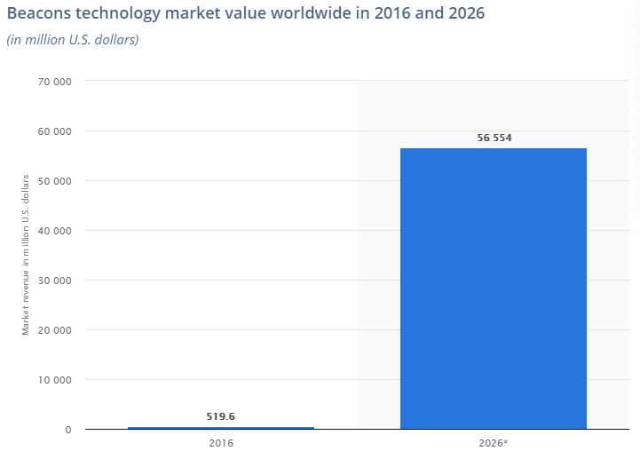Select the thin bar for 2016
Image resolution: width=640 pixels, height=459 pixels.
[221, 428]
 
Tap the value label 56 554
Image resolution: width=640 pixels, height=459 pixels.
[494, 138]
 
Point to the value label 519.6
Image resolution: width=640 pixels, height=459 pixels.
[221, 415]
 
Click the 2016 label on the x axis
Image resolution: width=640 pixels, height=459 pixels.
[221, 441]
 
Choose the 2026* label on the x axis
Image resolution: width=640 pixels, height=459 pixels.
[494, 441]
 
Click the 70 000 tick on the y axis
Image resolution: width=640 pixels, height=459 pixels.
[53, 82]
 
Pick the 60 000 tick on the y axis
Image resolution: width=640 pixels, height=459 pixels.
[53, 131]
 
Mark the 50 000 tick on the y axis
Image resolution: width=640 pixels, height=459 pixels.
[53, 181]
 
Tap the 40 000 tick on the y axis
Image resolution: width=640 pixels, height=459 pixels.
[53, 231]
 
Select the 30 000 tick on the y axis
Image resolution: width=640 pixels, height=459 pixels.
[53, 281]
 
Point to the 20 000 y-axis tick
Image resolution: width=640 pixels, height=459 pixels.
[53, 330]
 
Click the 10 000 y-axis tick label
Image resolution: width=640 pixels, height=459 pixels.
[53, 380]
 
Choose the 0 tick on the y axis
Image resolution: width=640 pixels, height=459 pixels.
[67, 430]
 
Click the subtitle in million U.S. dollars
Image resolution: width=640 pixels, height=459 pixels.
[72, 40]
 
